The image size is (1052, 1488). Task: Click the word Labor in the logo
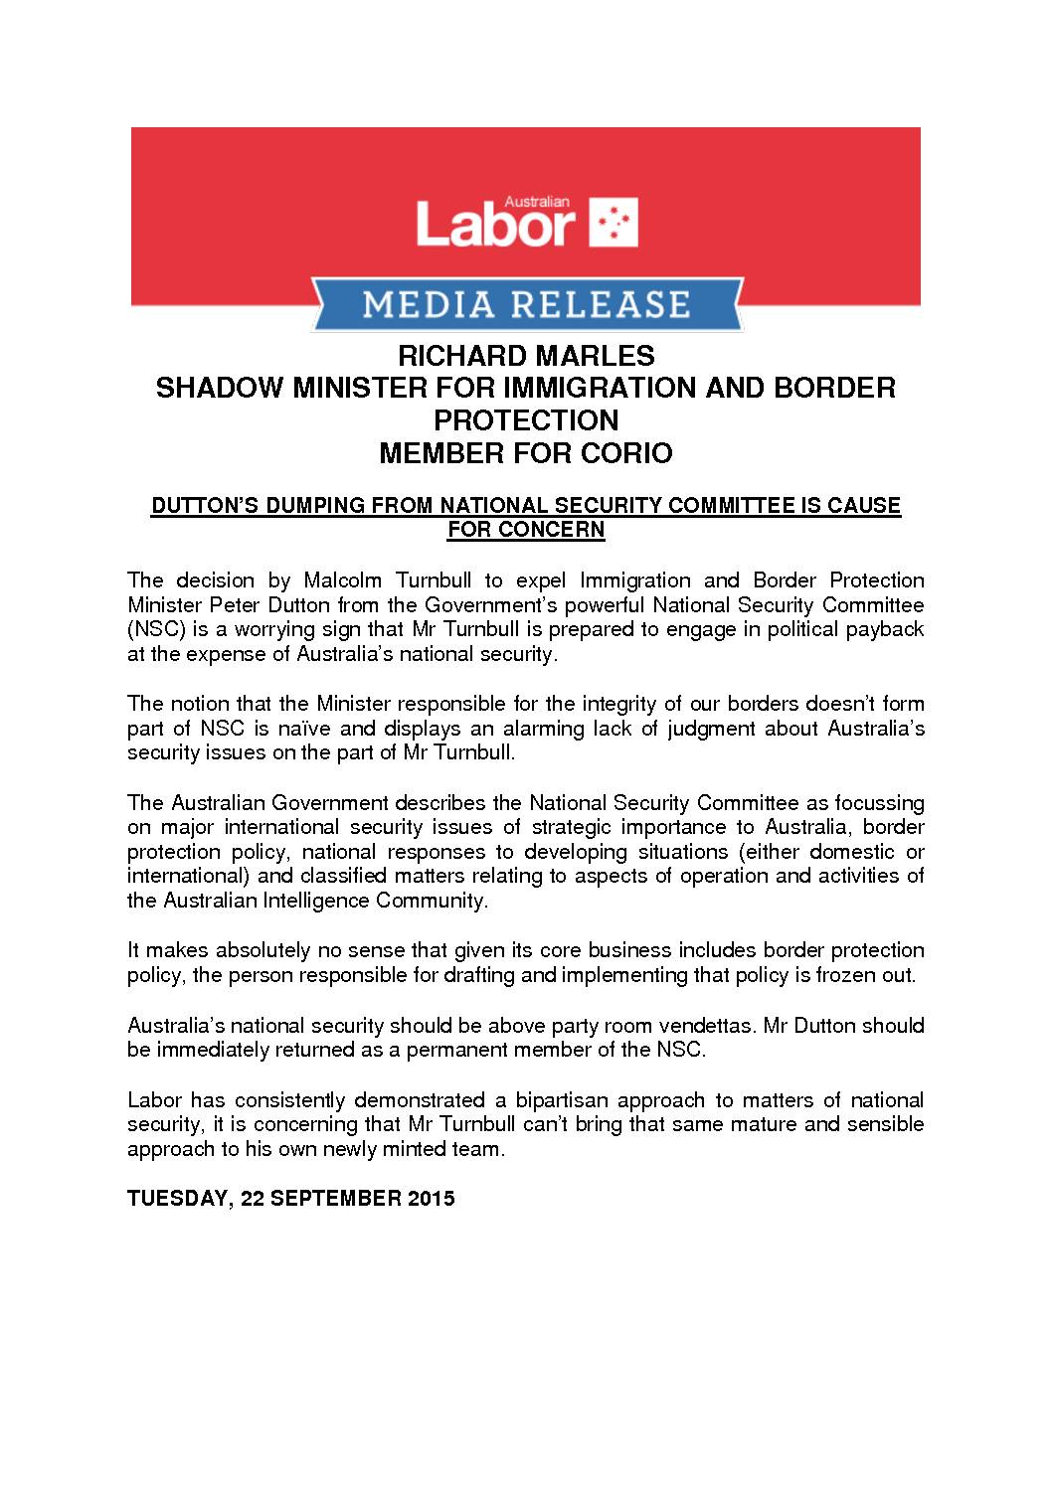495,224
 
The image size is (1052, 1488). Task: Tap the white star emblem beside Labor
614,223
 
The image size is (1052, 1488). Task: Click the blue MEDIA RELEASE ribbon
526,303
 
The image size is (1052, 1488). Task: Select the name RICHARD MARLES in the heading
526,355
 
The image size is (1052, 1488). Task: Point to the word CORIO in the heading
628,453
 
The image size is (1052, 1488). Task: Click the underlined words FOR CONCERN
526,529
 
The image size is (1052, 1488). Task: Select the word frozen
846,975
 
